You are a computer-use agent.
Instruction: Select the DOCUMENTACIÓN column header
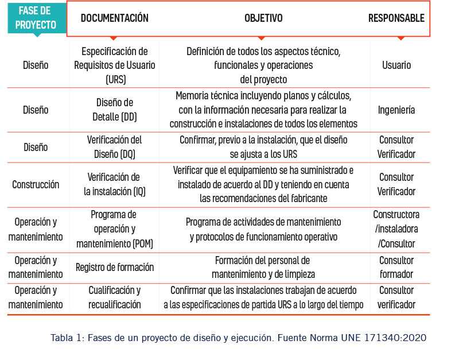tap(114, 18)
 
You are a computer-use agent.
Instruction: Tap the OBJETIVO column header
tap(263, 18)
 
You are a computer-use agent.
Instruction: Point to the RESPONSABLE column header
tap(396, 18)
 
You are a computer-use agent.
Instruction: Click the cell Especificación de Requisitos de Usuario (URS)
tap(115, 65)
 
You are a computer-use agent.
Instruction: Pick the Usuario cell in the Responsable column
tap(396, 65)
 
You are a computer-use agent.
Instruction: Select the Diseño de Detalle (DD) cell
tap(115, 110)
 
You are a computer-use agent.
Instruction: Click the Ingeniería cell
tap(396, 110)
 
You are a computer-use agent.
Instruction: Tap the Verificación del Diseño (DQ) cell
tap(115, 147)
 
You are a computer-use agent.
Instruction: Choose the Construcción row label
tap(36, 184)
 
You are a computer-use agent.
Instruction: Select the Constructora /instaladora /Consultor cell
tap(396, 229)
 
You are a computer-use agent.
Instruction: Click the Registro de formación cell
tap(115, 267)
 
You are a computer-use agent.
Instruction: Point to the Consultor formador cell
tap(396, 267)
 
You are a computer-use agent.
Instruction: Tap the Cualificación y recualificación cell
tap(115, 297)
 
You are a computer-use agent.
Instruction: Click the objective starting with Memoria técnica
tap(263, 109)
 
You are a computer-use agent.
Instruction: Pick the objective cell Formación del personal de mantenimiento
tap(263, 267)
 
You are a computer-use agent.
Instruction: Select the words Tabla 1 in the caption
tap(67, 338)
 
